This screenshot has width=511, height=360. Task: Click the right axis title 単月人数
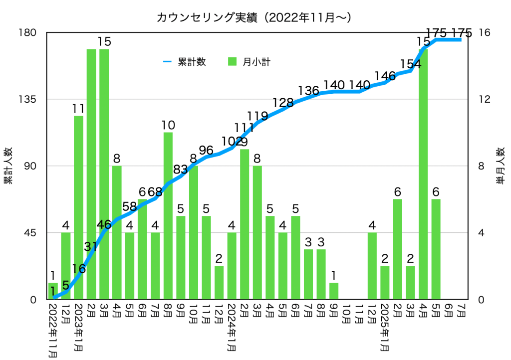(500, 166)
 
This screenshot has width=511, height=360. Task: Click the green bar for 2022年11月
(53, 291)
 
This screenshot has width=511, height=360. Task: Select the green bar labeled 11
(79, 207)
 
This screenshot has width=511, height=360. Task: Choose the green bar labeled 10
(168, 215)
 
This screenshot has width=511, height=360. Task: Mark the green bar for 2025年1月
(385, 282)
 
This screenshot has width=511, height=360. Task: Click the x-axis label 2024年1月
(232, 323)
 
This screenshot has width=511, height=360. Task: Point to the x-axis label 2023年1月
(79, 323)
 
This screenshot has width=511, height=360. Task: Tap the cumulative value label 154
(410, 63)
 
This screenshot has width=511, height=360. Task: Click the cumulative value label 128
(283, 103)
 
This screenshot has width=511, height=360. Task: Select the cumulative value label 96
(206, 149)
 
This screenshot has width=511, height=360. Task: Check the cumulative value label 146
(385, 76)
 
